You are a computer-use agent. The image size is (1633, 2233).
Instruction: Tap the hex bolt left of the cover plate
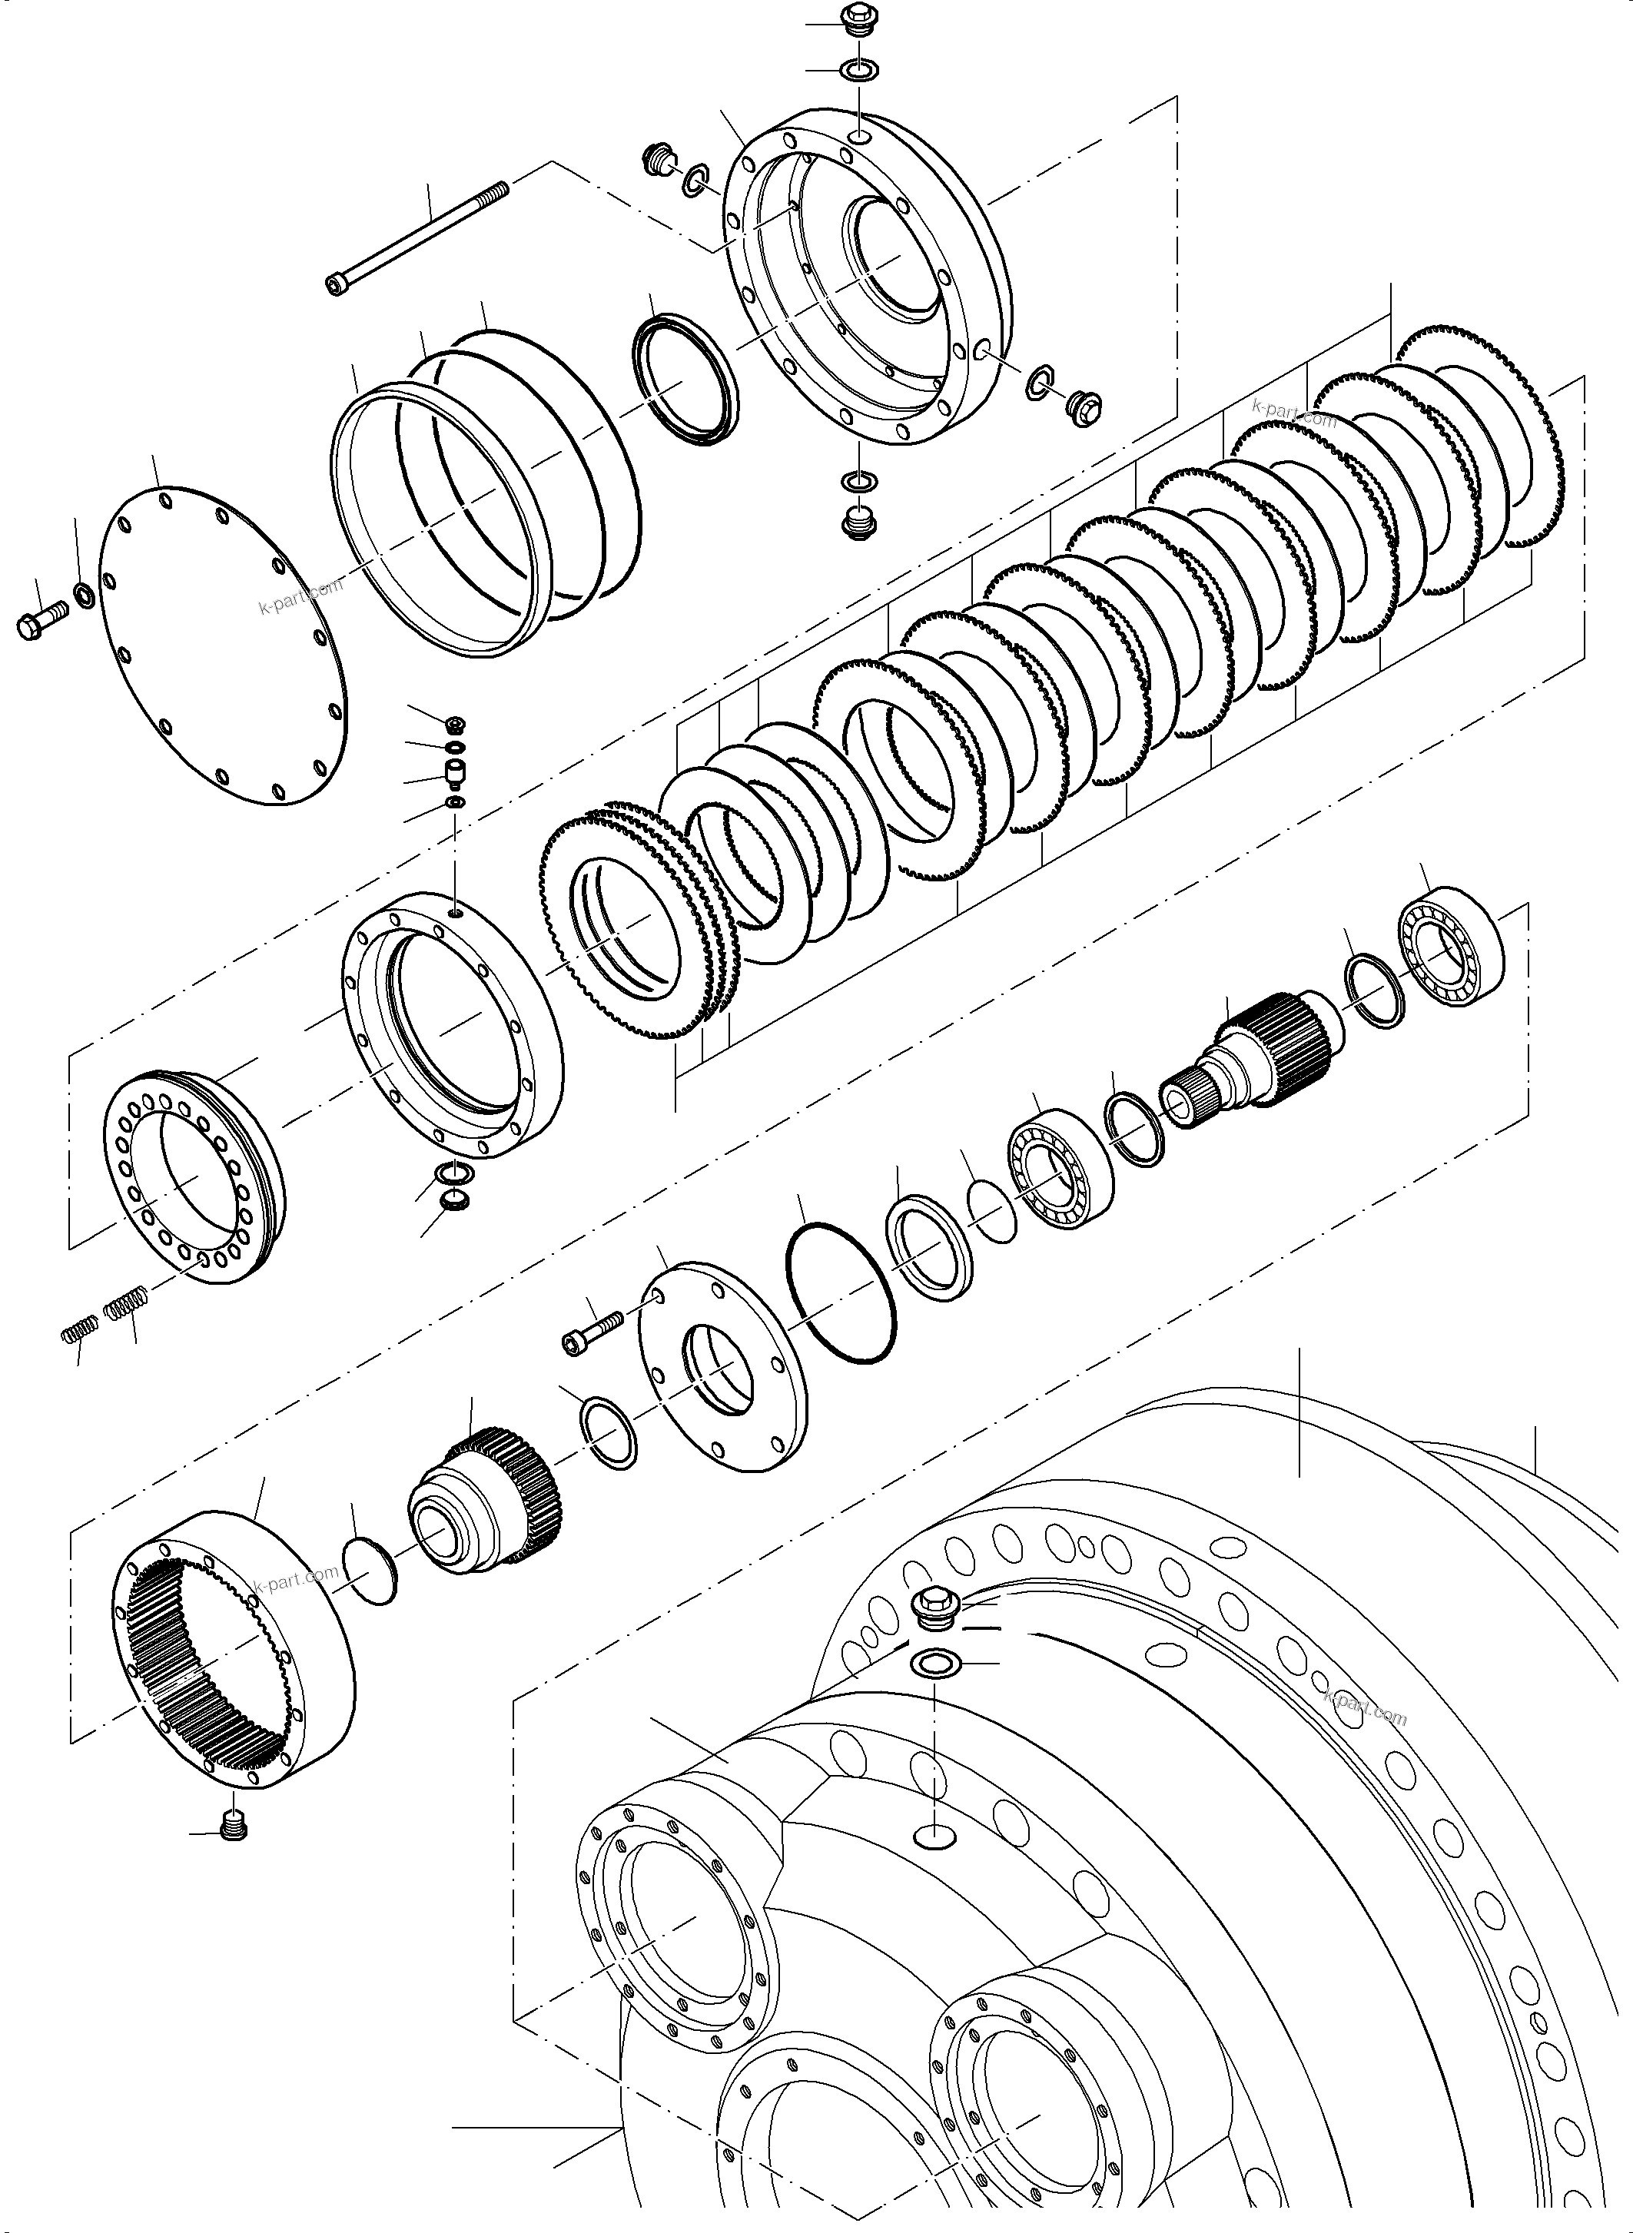point(39,624)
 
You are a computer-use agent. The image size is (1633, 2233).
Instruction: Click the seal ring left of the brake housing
point(683,377)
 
